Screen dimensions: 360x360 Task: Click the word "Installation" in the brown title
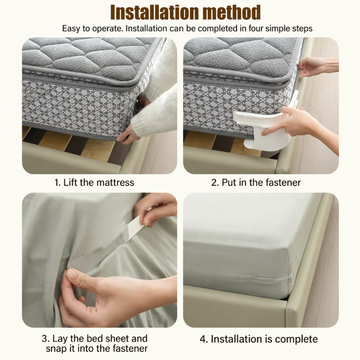(155, 12)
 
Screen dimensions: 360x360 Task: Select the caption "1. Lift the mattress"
(94, 183)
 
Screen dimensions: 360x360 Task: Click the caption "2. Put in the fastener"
(256, 183)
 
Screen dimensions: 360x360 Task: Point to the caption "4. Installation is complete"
(259, 339)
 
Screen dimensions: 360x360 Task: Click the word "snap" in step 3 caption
(55, 349)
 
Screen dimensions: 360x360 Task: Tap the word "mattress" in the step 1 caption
(115, 183)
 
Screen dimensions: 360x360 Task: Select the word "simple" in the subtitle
(278, 28)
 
